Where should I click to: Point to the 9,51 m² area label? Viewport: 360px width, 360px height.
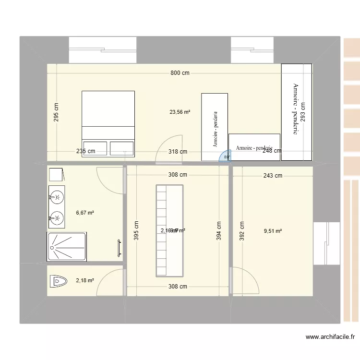(x=273, y=230)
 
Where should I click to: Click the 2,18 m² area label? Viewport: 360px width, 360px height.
(x=85, y=280)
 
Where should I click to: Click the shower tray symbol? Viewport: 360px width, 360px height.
(x=67, y=247)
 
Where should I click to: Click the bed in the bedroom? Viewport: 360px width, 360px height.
(x=108, y=123)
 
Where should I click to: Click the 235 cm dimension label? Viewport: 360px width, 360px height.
(x=85, y=151)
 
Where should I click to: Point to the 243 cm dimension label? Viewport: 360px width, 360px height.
(x=272, y=176)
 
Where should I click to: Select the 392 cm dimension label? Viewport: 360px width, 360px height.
(x=242, y=230)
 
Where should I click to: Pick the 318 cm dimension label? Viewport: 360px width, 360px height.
(x=177, y=151)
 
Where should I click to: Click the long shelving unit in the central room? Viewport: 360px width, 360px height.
(x=169, y=230)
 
